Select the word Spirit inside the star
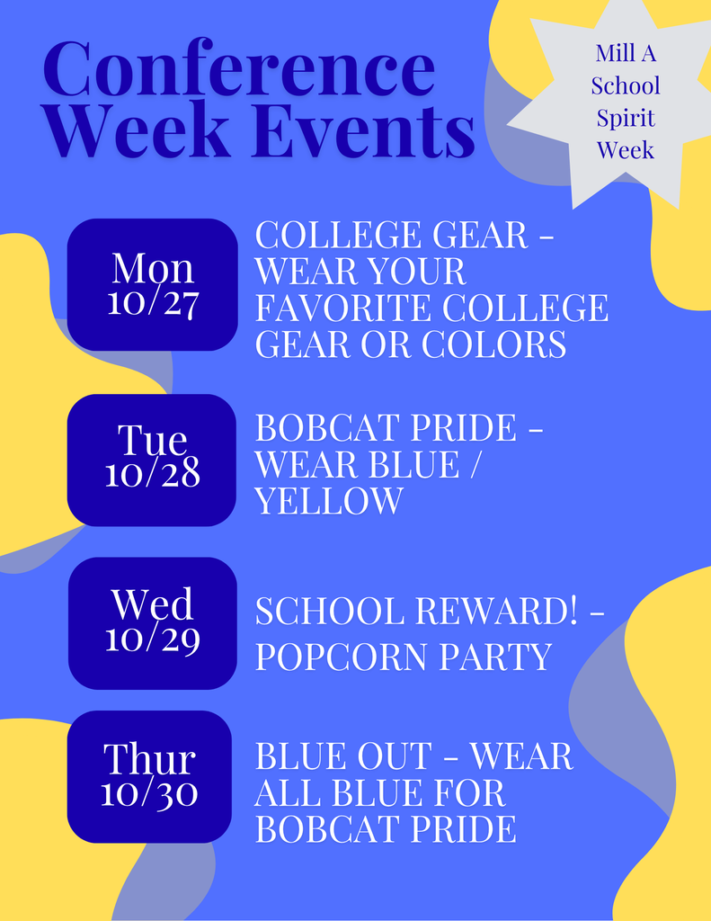coord(626,118)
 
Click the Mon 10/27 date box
coord(153,284)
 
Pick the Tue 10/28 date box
coord(152,460)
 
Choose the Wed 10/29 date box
coord(153,622)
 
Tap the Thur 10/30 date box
coord(150,776)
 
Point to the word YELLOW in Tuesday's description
coord(329,501)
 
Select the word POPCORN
coord(329,657)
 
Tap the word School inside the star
coord(626,85)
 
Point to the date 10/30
coord(150,793)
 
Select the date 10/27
coord(153,302)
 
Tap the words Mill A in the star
coord(626,53)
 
